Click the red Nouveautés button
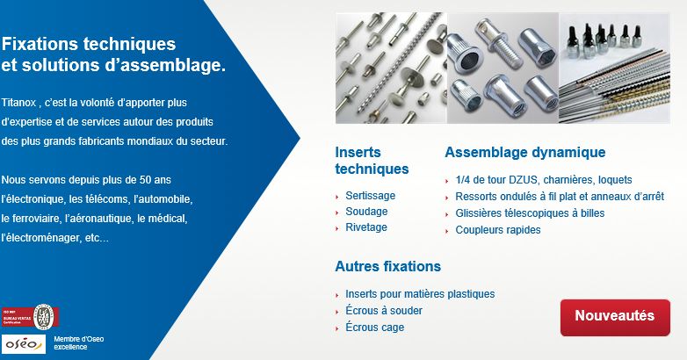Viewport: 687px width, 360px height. (615, 316)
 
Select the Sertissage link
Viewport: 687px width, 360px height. (370, 196)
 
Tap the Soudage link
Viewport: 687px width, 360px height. (366, 212)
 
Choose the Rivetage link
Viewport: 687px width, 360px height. (366, 227)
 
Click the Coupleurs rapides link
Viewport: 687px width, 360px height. (498, 230)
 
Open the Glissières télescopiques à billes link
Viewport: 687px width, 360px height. (530, 213)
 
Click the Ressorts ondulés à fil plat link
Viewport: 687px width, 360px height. (560, 197)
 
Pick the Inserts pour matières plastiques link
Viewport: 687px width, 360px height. (420, 294)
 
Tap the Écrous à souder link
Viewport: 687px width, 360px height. (384, 311)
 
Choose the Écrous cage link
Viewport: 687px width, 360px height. (375, 328)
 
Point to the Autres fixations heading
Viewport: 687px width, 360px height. (387, 266)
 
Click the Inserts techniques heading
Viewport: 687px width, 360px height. (372, 161)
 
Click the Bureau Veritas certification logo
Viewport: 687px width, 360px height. (32, 315)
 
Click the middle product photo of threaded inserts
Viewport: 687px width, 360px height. (501, 68)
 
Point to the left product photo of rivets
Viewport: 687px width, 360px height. (389, 68)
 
